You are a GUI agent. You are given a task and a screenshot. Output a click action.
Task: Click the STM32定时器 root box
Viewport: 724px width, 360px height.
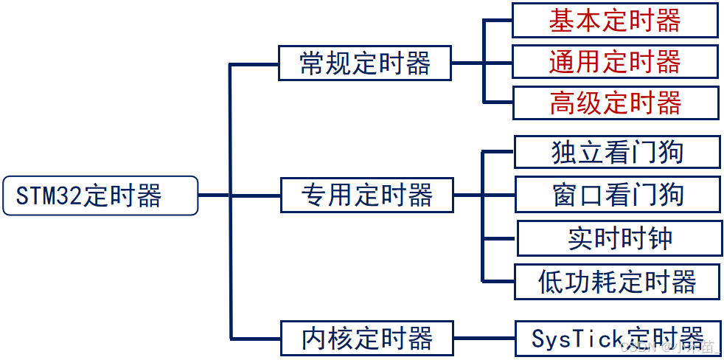pyautogui.click(x=100, y=195)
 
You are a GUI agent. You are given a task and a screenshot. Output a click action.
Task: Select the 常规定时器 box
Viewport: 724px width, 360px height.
pyautogui.click(x=365, y=63)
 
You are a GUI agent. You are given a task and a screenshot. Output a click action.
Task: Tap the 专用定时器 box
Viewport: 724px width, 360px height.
pyautogui.click(x=366, y=195)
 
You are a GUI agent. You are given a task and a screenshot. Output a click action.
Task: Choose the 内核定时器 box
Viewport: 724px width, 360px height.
pyautogui.click(x=366, y=339)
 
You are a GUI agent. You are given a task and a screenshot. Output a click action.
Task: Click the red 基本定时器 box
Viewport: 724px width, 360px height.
pyautogui.click(x=615, y=21)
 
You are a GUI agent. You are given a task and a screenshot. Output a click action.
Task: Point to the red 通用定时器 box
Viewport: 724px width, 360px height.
pyautogui.click(x=615, y=62)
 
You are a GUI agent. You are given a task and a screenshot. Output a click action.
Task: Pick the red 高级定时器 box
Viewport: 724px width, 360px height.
pyautogui.click(x=615, y=103)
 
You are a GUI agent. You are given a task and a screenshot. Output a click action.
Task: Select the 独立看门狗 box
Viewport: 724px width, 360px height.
pyautogui.click(x=616, y=152)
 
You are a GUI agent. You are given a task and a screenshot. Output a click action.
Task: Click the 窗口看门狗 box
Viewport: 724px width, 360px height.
pyautogui.click(x=616, y=195)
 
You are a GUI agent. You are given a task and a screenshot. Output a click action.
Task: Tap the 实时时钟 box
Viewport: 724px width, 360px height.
pyautogui.click(x=619, y=238)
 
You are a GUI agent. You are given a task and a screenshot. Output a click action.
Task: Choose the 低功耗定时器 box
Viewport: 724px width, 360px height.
pyautogui.click(x=616, y=281)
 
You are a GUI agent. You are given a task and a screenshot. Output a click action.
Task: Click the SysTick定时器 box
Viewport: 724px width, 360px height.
pyautogui.click(x=616, y=339)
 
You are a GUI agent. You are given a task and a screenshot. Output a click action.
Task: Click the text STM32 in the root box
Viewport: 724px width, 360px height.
pyautogui.click(x=49, y=196)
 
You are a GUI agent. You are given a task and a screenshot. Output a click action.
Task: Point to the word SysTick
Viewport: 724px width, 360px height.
pyautogui.click(x=568, y=339)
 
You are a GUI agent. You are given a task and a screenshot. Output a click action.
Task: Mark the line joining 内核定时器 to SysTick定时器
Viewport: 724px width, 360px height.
pyautogui.click(x=483, y=339)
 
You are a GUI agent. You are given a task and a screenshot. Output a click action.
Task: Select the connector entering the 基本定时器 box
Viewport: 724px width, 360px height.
pyautogui.click(x=498, y=21)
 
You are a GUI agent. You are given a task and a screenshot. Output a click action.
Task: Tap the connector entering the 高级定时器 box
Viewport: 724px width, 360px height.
pyautogui.click(x=498, y=102)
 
